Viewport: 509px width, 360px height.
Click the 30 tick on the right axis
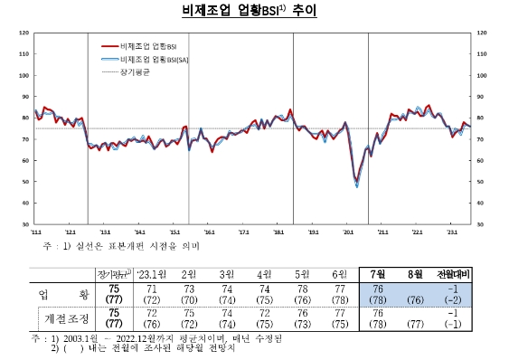point(480,223)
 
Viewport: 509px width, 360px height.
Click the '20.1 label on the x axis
point(349,232)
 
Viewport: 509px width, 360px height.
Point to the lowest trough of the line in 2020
point(357,185)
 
